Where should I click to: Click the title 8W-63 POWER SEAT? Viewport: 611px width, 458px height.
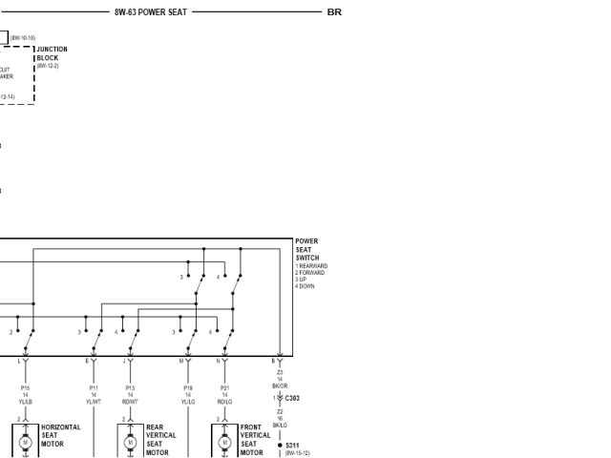151,12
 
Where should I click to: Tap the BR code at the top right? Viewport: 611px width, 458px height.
334,12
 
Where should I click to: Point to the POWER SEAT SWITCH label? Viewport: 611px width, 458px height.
307,250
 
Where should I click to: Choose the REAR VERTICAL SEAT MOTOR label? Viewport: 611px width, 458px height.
159,440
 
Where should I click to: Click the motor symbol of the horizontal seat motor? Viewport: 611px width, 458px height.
26,443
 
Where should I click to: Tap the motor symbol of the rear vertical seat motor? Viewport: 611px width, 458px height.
131,443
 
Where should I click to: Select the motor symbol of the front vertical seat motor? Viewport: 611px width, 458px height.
224,443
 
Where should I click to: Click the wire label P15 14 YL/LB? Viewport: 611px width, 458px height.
26,395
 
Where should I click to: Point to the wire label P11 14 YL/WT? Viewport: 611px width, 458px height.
94,395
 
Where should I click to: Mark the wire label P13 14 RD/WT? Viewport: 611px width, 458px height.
130,395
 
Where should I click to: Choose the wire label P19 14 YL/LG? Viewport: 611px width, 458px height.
188,395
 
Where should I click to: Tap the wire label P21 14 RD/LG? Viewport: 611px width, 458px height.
224,395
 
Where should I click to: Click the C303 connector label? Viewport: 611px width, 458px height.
292,398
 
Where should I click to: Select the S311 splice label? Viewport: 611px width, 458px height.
292,445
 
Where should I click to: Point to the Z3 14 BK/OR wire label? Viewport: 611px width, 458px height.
280,379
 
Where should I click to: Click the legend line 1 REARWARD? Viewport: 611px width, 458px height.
311,266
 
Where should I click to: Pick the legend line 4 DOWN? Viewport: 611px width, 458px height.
305,286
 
